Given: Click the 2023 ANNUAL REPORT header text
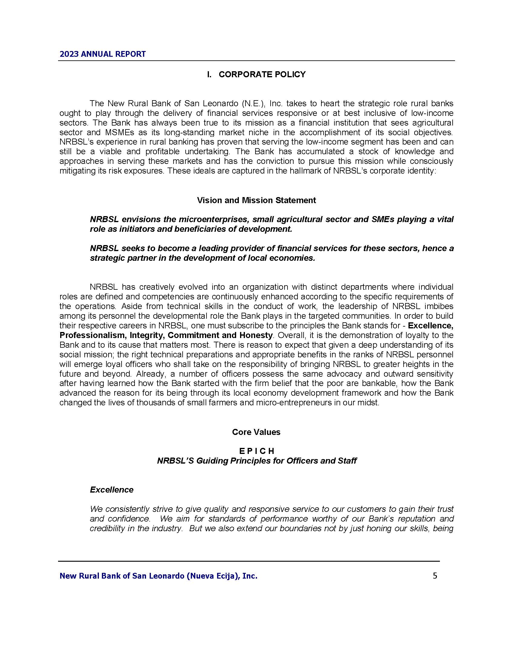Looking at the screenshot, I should click(102, 54).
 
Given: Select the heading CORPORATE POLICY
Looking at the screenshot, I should click(262, 75).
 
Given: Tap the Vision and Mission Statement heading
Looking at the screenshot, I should click(256, 200).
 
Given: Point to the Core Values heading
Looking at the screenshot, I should click(256, 432).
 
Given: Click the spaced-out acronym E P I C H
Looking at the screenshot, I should click(257, 451).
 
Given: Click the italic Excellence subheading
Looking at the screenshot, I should click(112, 490).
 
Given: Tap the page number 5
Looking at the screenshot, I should click(435, 576).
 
